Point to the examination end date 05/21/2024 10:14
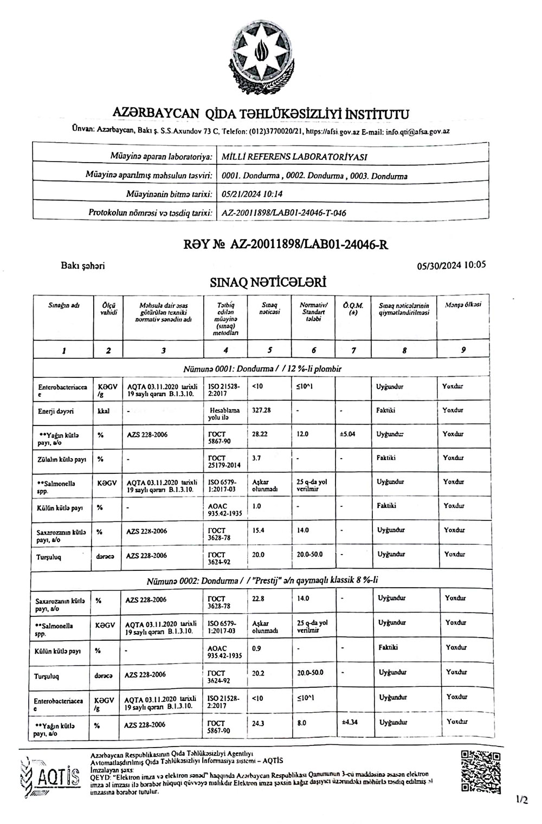tap(253, 194)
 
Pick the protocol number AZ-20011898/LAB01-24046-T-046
tap(284, 213)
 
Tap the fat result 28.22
tap(260, 434)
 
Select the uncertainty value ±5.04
tap(348, 434)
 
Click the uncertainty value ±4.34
tap(349, 723)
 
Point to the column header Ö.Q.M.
tap(353, 308)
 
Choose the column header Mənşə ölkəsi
tap(463, 305)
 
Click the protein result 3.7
tap(257, 458)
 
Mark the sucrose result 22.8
tap(258, 598)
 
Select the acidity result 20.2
tap(259, 673)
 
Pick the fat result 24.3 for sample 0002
tap(258, 723)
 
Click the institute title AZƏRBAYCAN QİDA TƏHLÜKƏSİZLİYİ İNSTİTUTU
tap(260, 114)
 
